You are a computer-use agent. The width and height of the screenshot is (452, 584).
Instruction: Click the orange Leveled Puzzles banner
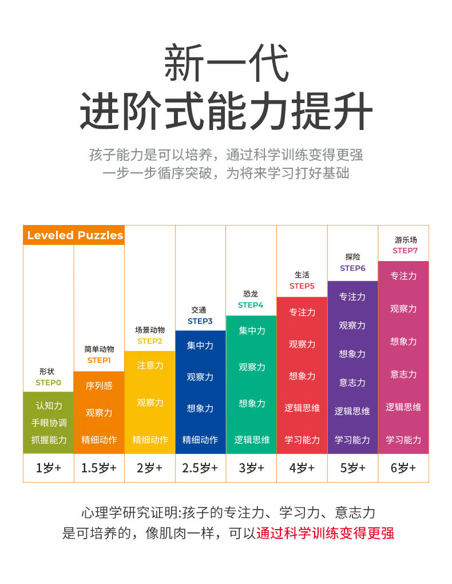click(x=74, y=235)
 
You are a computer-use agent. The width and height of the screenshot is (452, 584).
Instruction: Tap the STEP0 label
click(x=48, y=382)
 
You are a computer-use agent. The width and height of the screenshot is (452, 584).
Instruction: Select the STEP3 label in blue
click(x=200, y=321)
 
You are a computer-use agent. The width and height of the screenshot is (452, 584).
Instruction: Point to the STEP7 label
click(x=405, y=251)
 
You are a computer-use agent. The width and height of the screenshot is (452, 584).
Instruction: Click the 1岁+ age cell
click(x=48, y=468)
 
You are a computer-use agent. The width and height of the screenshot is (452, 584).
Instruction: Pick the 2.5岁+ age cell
click(x=200, y=468)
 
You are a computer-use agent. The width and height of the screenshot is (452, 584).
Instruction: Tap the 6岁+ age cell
click(x=403, y=468)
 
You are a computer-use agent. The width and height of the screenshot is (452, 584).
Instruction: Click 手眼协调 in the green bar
click(x=49, y=423)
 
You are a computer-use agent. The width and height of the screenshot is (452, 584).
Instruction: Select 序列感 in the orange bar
click(x=99, y=386)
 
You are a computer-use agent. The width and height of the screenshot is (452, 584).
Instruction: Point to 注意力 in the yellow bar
click(x=150, y=365)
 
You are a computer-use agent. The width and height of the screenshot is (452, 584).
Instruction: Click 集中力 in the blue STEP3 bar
click(x=200, y=345)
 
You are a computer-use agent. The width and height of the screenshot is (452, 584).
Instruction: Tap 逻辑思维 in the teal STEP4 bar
click(x=252, y=440)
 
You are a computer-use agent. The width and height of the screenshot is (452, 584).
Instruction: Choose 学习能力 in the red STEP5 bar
click(x=302, y=440)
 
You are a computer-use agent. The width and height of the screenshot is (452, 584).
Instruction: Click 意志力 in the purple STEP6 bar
click(x=352, y=382)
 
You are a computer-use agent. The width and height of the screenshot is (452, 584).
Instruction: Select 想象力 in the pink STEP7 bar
click(x=403, y=341)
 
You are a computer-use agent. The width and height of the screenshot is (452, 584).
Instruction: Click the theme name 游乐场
click(x=406, y=240)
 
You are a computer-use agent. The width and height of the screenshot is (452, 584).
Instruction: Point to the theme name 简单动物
click(x=99, y=349)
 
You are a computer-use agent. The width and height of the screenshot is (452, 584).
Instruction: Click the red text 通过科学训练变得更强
click(x=325, y=533)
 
